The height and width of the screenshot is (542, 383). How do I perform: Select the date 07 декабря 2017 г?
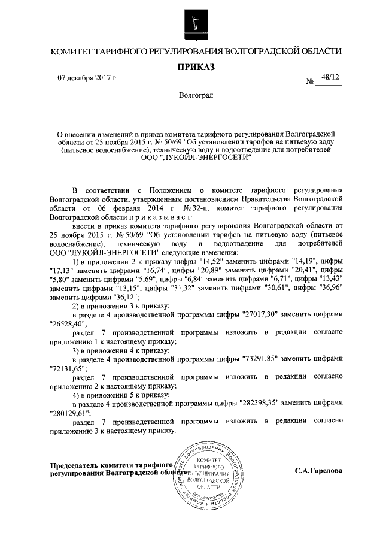click(88, 78)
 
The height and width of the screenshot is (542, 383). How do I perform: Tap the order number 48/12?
click(329, 78)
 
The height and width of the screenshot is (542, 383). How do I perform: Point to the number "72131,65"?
click(65, 368)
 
